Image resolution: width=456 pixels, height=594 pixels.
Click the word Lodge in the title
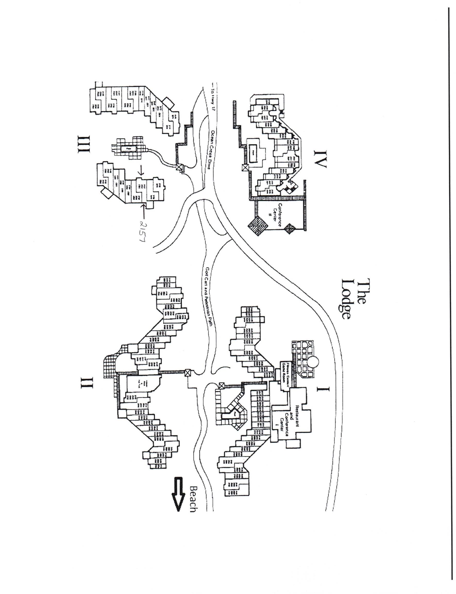[345, 299]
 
